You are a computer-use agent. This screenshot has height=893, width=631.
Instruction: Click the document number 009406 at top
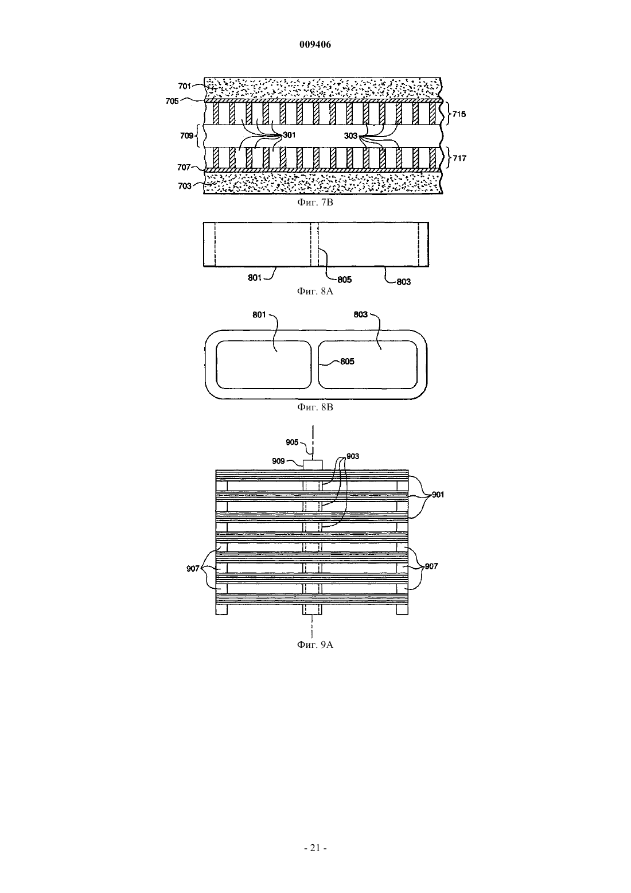[x=315, y=45]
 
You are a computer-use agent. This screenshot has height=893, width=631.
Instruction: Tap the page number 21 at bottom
[x=315, y=848]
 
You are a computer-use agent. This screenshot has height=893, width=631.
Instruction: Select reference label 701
[x=185, y=86]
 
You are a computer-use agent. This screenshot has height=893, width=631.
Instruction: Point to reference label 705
[x=172, y=101]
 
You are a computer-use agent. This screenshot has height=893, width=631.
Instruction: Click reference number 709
[x=186, y=136]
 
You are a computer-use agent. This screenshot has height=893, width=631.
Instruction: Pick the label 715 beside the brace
[x=459, y=114]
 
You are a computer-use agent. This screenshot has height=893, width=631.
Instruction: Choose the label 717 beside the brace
[x=459, y=158]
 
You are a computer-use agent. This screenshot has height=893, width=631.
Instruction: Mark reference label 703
[x=185, y=186]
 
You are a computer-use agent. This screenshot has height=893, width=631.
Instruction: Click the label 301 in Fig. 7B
[x=289, y=135]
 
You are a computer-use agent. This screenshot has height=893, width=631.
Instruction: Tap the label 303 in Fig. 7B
[x=350, y=136]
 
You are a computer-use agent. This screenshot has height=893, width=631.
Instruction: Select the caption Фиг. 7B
[x=315, y=203]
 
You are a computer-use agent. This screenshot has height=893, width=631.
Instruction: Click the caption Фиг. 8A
[x=315, y=292]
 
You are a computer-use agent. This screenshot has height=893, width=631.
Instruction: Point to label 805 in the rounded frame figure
[x=347, y=362]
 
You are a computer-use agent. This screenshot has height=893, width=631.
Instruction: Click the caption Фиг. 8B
[x=315, y=407]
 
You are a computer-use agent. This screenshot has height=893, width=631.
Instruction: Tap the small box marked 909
[x=313, y=465]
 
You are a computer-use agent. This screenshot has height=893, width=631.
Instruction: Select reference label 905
[x=292, y=442]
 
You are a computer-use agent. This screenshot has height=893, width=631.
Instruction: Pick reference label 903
[x=353, y=456]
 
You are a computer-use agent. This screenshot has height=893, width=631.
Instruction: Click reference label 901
[x=438, y=495]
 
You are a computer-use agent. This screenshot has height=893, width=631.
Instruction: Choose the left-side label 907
[x=193, y=569]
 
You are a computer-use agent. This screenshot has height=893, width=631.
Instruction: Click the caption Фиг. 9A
[x=315, y=645]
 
